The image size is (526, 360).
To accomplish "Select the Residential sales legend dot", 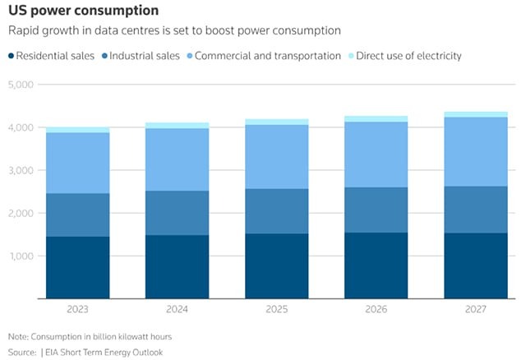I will [12, 56].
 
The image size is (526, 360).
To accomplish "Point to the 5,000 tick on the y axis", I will [20, 85].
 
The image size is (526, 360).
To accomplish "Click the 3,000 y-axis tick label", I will [20, 170].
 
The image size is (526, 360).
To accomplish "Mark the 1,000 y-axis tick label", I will [20, 256].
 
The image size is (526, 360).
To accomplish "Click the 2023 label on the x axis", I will [78, 310].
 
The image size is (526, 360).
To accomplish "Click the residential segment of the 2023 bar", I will [78, 267].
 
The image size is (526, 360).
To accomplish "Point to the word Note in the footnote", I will [18, 338].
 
